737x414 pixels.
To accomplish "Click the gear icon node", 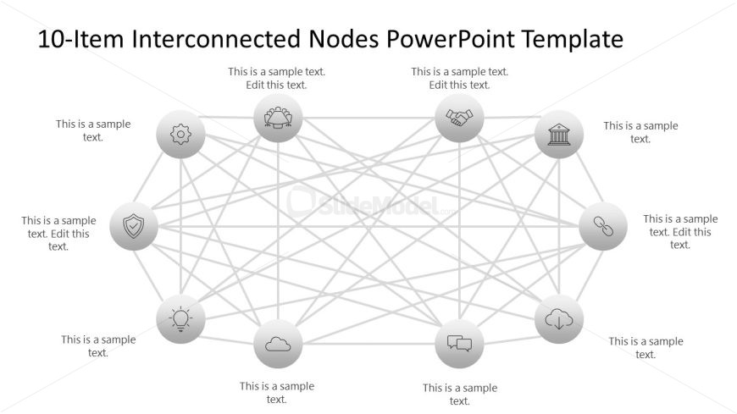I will (181, 135).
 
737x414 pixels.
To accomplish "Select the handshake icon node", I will (459, 118).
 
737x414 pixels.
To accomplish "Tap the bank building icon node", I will (559, 135).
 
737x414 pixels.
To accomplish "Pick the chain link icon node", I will (602, 226).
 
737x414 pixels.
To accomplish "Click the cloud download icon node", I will (559, 319).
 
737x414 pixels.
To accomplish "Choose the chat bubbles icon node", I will (459, 344).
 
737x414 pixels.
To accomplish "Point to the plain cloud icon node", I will (278, 344).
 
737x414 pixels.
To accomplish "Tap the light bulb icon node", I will (181, 319).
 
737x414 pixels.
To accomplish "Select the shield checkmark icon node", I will (134, 226).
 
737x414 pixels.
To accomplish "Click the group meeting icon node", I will (278, 118).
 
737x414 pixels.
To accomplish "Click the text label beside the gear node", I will (93, 130).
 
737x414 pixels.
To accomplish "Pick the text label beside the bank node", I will (640, 132).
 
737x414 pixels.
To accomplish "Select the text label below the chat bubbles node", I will (460, 395).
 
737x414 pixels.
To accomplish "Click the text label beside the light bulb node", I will (98, 346).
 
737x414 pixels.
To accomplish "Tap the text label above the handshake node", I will (460, 78).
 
